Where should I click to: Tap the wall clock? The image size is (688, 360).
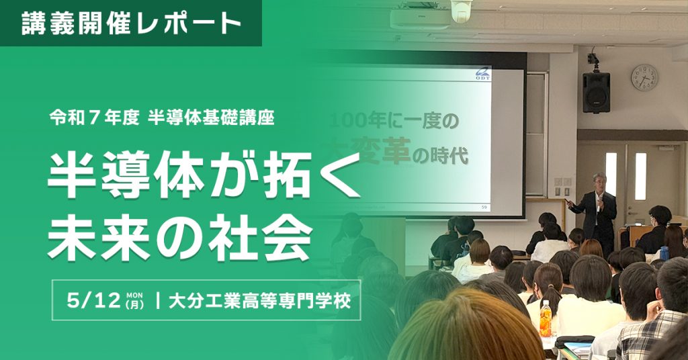click(644, 78)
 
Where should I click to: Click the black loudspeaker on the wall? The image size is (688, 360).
click(596, 92)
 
